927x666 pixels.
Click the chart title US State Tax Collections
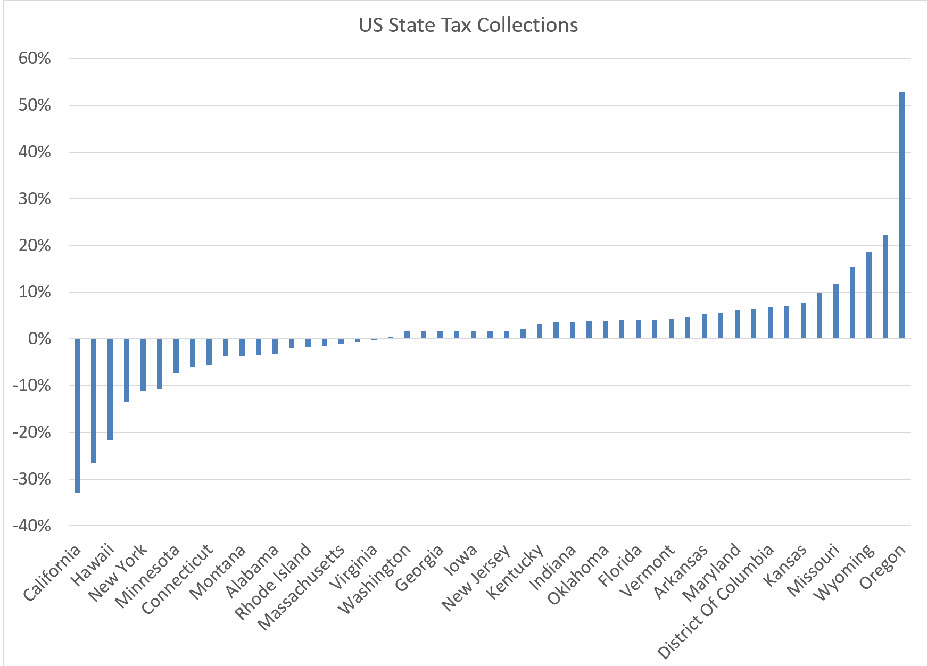coord(468,25)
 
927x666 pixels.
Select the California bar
coord(77,415)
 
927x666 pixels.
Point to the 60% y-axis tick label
coord(35,59)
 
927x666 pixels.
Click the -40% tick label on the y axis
coord(32,526)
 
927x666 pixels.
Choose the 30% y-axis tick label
coord(35,199)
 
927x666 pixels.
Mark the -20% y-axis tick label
coord(32,432)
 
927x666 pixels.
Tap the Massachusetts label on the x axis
coord(301,587)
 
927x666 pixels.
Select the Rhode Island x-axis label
coord(273,581)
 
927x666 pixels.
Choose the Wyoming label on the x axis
coord(844,572)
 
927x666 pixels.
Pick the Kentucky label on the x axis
coord(515,572)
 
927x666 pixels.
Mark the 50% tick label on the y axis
coord(35,105)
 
